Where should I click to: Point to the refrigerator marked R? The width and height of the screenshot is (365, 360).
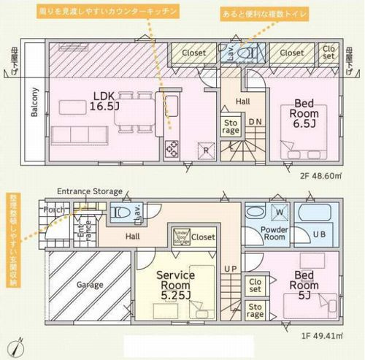pyautogui.click(x=207, y=150)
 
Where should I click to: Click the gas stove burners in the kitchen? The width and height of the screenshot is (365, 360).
pyautogui.click(x=173, y=150)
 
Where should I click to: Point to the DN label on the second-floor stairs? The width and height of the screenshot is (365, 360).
pyautogui.click(x=255, y=123)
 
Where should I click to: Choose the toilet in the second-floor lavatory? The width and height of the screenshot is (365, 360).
pyautogui.click(x=250, y=53)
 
